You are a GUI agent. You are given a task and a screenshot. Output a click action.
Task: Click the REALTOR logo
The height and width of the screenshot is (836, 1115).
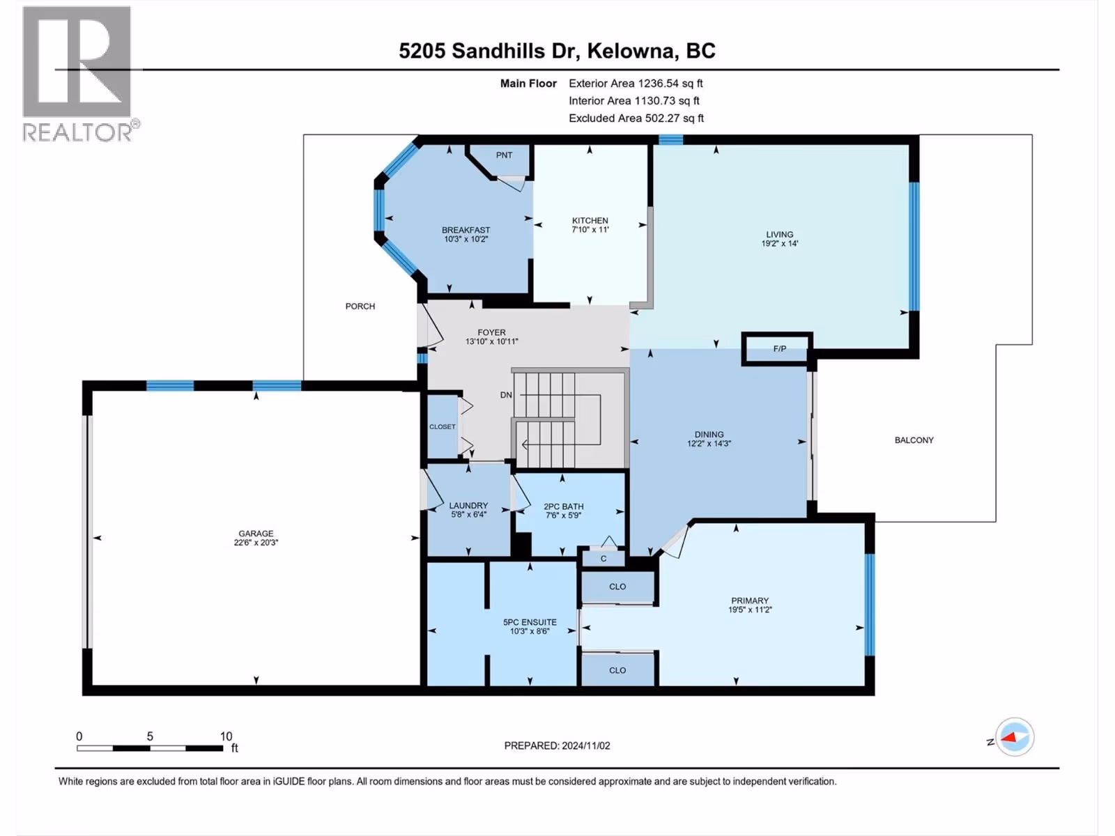click(80, 74)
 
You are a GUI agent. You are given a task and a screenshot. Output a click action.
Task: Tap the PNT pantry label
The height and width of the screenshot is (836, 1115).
click(504, 155)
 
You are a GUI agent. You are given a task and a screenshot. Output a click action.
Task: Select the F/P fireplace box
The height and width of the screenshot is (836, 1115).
click(777, 349)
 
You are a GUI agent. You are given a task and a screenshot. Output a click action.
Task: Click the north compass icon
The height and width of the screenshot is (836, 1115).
click(1015, 737)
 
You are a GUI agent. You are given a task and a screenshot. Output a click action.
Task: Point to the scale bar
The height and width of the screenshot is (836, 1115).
click(150, 748)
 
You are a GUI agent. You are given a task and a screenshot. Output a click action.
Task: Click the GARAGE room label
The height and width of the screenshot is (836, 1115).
click(256, 534)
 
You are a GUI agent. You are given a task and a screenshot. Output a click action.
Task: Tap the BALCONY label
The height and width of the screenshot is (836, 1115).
click(914, 440)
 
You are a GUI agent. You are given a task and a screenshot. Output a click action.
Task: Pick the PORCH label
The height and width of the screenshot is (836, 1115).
click(360, 307)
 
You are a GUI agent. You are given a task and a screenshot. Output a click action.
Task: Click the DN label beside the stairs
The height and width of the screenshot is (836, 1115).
click(506, 395)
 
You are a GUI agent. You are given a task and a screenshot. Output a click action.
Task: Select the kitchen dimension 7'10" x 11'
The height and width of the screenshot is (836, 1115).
click(590, 229)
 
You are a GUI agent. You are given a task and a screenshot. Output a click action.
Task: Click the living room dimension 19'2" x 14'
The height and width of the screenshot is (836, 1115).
click(779, 244)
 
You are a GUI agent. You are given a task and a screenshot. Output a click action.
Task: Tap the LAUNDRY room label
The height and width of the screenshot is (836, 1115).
click(468, 506)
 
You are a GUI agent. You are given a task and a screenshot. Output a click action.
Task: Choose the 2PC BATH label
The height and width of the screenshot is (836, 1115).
click(563, 506)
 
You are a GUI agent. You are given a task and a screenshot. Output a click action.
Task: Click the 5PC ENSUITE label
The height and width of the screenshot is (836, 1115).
click(530, 622)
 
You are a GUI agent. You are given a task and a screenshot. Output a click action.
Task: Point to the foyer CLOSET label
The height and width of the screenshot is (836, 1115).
click(443, 427)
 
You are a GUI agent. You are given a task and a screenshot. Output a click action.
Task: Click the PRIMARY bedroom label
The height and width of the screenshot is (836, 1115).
click(750, 601)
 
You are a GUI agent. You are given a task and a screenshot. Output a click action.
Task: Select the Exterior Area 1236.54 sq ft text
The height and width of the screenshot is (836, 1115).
click(636, 83)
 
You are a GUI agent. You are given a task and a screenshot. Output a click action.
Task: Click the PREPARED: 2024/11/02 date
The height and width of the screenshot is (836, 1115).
click(557, 745)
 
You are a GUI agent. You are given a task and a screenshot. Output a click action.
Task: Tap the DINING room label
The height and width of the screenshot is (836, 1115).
click(709, 435)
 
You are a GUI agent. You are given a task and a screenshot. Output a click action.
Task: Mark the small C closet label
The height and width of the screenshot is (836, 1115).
click(603, 559)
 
